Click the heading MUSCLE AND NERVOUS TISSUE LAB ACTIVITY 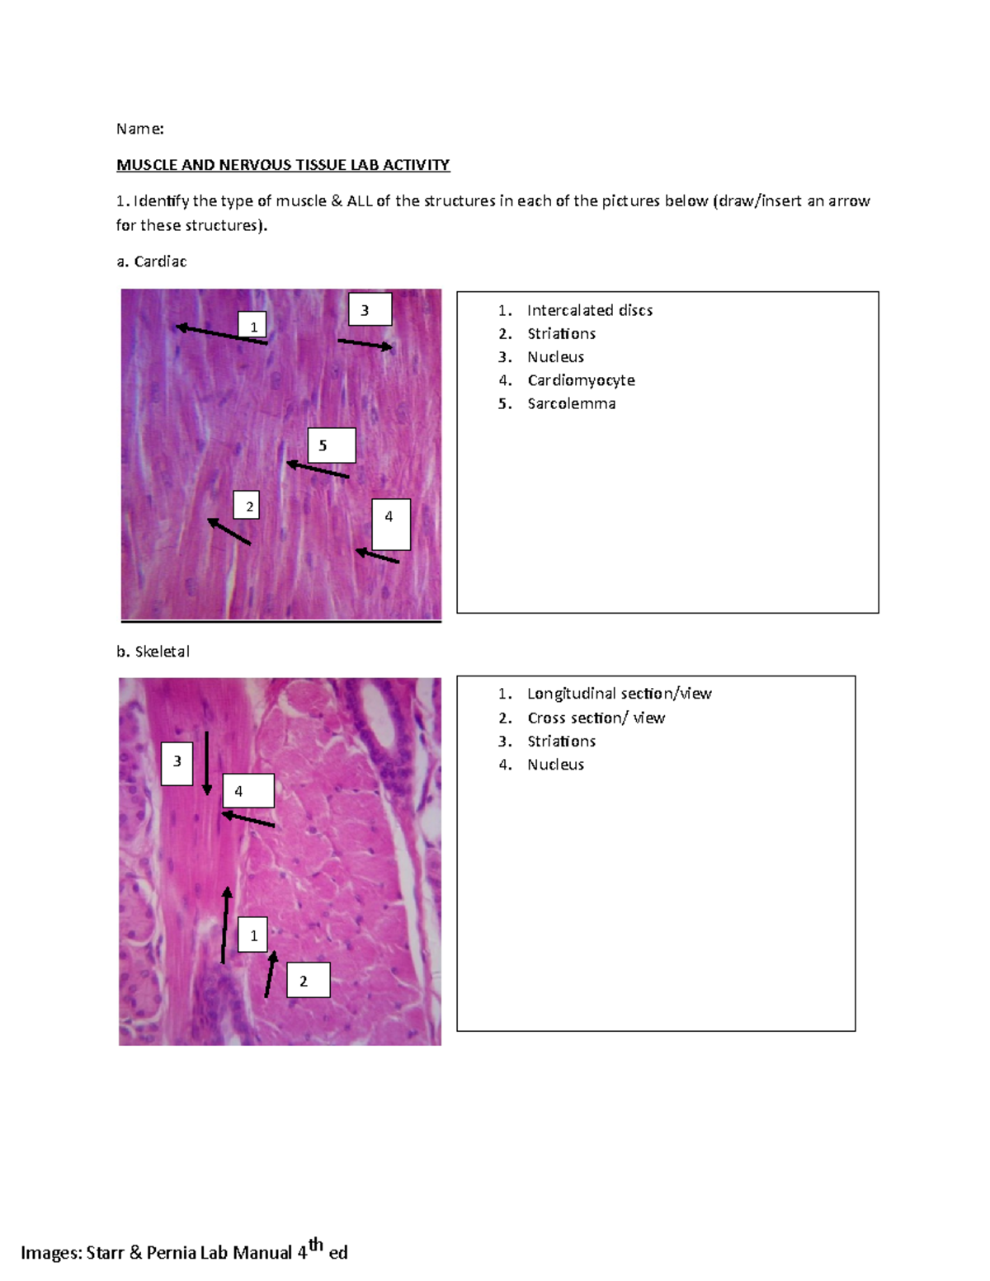(283, 165)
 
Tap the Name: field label (139, 129)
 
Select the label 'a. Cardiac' (152, 261)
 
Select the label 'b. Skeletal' (153, 652)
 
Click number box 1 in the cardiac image (252, 326)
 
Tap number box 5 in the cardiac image (332, 445)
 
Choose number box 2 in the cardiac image (246, 506)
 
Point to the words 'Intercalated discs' (589, 310)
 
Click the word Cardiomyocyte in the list (581, 380)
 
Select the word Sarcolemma (571, 403)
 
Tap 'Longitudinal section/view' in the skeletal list (619, 694)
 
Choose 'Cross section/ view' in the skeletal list (596, 718)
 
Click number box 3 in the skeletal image (177, 762)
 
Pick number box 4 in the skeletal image (247, 791)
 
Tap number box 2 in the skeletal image (308, 980)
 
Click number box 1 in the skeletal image (253, 935)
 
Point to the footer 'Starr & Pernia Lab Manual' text (189, 1253)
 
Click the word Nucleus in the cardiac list (555, 357)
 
